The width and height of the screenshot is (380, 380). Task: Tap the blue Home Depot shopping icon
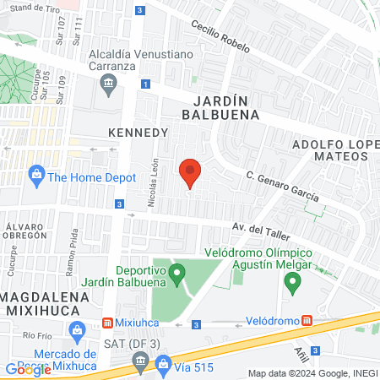point(36,176)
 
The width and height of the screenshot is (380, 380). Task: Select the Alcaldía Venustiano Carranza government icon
point(108,83)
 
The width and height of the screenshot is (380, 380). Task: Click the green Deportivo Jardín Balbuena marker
point(176,273)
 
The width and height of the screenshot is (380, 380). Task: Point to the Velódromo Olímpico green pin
point(292,284)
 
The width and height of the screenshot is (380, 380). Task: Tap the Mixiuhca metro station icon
point(108,323)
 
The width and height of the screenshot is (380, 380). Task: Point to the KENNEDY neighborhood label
point(138,133)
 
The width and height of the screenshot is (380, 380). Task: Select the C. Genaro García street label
point(283,186)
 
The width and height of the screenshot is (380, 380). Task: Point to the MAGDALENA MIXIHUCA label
point(42,304)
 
